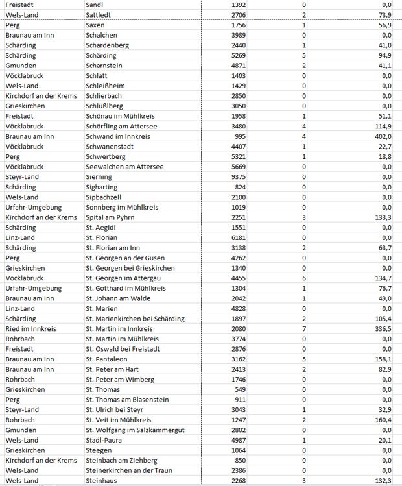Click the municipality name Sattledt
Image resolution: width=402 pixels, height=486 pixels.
pyautogui.click(x=99, y=15)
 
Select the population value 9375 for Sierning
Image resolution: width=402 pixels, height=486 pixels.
pyautogui.click(x=236, y=177)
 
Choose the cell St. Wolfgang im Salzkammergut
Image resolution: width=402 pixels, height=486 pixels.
pyautogui.click(x=135, y=430)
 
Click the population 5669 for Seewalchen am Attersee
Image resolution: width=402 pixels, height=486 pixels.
pyautogui.click(x=236, y=167)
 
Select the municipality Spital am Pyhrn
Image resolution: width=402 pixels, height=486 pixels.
pyautogui.click(x=110, y=217)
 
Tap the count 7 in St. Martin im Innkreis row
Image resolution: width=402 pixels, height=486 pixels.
pyautogui.click(x=304, y=329)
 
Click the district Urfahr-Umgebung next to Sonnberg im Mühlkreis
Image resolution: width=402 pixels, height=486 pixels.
pyautogui.click(x=33, y=207)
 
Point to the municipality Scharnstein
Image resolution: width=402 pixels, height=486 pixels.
pyautogui.click(x=105, y=66)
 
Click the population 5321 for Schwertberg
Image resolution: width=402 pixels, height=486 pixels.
pyautogui.click(x=236, y=157)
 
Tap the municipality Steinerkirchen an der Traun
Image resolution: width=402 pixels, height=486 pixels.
pyautogui.click(x=129, y=470)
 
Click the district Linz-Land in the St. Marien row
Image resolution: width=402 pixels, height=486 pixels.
pyautogui.click(x=20, y=309)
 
